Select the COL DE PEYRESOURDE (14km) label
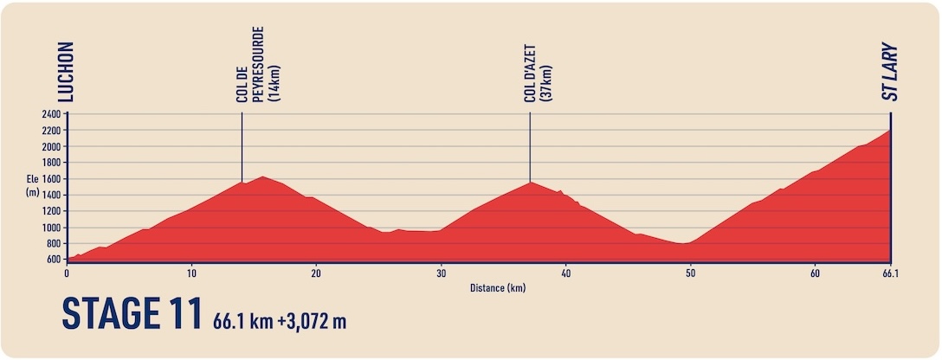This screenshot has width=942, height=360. [x=258, y=64]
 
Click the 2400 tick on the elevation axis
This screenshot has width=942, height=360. [x=52, y=114]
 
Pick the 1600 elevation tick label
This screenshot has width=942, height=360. [x=52, y=179]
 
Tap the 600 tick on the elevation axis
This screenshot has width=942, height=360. [x=54, y=260]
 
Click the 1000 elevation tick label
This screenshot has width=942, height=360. [x=52, y=228]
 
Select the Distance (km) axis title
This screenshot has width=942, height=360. [x=498, y=288]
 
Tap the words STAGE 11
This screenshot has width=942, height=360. [x=131, y=314]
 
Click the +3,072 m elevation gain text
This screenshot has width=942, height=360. [x=312, y=321]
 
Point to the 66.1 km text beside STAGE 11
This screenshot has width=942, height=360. [x=242, y=321]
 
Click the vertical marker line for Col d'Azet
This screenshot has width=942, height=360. [x=530, y=147]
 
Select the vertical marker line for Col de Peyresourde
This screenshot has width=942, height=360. [x=242, y=147]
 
